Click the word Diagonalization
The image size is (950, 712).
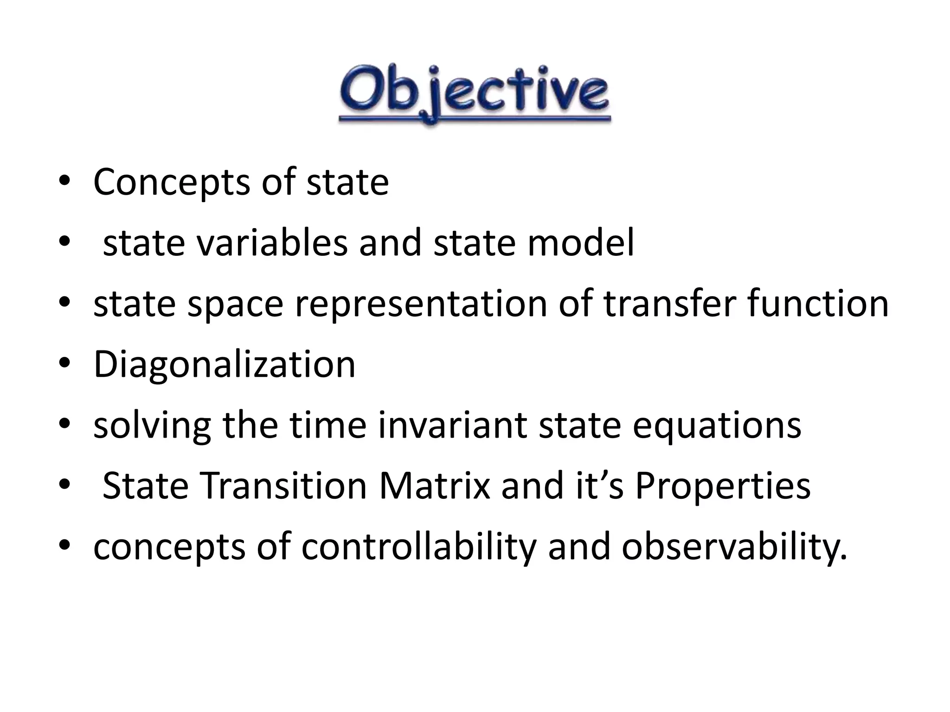(224, 365)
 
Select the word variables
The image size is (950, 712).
(272, 243)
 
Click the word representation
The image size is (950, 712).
(421, 304)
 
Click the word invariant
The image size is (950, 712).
(452, 426)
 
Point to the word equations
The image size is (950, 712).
(717, 426)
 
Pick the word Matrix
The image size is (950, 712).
(435, 486)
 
